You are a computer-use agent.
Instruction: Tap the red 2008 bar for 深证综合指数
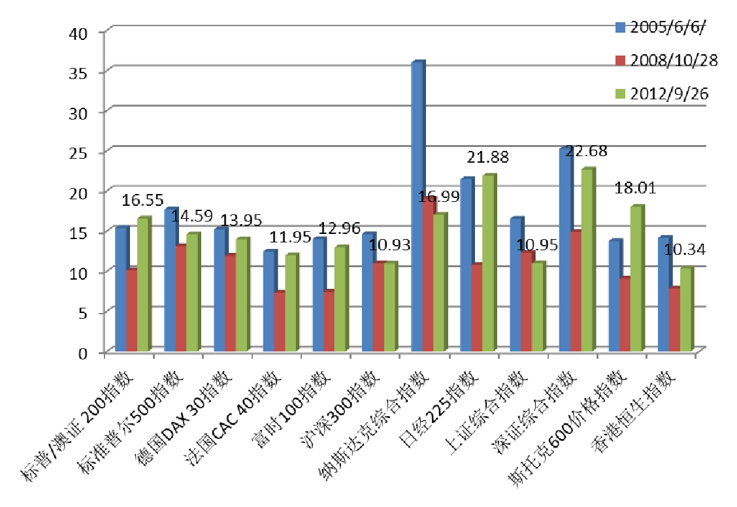[x=575, y=291]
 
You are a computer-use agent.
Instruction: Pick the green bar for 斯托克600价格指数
[x=635, y=279]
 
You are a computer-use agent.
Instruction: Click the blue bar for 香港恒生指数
[x=664, y=294]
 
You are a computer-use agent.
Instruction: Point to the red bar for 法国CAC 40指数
[x=279, y=321]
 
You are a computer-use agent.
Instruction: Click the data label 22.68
[x=587, y=152]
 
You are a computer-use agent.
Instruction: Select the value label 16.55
[x=143, y=199]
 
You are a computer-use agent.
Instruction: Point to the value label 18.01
[x=637, y=189]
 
